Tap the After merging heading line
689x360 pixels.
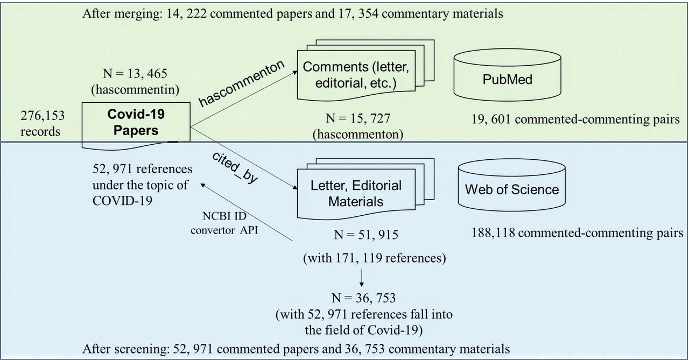[x=293, y=14]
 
